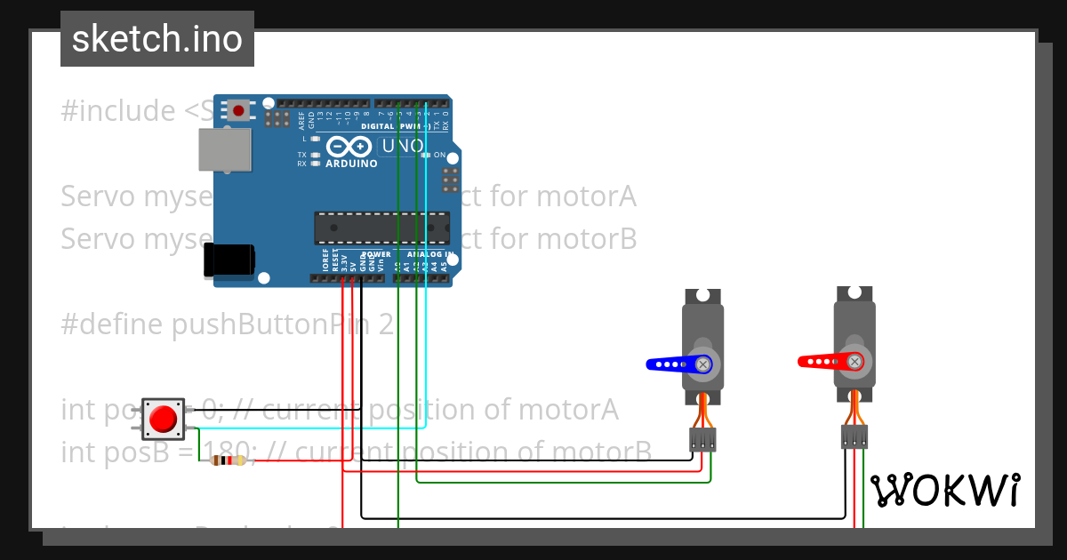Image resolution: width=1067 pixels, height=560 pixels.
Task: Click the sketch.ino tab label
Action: [x=156, y=39]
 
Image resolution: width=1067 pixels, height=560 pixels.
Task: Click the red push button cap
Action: [x=164, y=419]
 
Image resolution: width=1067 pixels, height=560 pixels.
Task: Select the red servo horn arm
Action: [x=825, y=361]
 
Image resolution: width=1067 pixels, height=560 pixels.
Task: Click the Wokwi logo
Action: [x=944, y=490]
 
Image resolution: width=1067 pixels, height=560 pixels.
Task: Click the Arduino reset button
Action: [x=239, y=110]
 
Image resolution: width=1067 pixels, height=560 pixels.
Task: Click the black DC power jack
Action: [x=229, y=260]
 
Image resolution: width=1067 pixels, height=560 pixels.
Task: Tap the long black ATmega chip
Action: [x=381, y=228]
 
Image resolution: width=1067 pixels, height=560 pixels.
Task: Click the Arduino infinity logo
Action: [x=349, y=147]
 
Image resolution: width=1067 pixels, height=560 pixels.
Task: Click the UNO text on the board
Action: [x=401, y=147]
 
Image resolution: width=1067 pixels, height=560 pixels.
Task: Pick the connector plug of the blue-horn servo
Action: [x=702, y=438]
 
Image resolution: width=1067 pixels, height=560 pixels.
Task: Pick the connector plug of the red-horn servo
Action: [x=854, y=436]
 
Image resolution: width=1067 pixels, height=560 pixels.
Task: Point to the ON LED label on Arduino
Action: [x=439, y=155]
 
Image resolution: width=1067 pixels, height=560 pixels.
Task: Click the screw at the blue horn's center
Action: [x=703, y=364]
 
